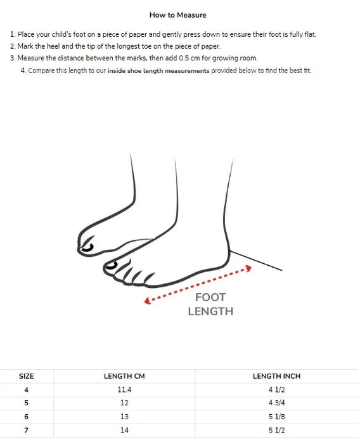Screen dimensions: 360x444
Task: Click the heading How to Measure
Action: click(177, 15)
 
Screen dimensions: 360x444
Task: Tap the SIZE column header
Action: click(27, 376)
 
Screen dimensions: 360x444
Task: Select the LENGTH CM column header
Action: click(124, 376)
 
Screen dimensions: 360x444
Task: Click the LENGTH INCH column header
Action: click(276, 376)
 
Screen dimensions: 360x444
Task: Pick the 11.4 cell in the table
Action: click(124, 389)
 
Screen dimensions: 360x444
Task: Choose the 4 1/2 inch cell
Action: click(276, 389)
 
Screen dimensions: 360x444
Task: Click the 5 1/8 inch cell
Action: click(276, 417)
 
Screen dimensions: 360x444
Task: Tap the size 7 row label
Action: click(27, 430)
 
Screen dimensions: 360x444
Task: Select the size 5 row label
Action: click(27, 403)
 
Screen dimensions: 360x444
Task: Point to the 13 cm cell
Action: click(124, 417)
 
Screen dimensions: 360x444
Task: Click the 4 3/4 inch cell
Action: click(276, 403)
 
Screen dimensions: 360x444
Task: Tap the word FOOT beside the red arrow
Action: click(210, 297)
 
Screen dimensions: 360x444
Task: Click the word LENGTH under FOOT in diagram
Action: click(210, 311)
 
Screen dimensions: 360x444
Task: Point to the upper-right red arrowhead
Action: click(248, 268)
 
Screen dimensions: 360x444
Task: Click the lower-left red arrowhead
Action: click(147, 301)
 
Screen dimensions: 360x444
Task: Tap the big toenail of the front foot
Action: click(111, 266)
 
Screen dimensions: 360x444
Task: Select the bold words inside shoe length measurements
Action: click(158, 70)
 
